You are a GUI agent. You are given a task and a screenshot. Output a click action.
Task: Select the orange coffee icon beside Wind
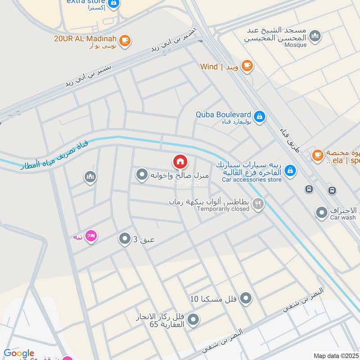(x=247, y=66)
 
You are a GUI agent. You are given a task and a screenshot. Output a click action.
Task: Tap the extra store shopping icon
(x=114, y=4)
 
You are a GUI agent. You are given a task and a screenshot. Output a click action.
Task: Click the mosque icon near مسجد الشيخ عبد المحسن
(x=315, y=36)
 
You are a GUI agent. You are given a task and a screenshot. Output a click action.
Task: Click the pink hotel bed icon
(x=91, y=235)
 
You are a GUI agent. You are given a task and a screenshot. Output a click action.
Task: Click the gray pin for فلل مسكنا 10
(x=246, y=298)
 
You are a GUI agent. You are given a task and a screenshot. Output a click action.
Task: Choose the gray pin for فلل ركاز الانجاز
(x=193, y=320)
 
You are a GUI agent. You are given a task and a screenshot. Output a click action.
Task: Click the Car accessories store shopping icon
(x=291, y=170)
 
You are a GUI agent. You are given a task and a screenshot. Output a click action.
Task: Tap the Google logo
(x=19, y=353)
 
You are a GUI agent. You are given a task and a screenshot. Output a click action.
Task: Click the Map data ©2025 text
(x=336, y=355)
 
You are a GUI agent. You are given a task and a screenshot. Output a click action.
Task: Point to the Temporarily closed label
(x=223, y=209)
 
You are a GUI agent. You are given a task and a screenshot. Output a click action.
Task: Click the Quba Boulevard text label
(x=223, y=114)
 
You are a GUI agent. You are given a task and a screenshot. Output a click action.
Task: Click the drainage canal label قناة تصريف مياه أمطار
(x=54, y=156)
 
